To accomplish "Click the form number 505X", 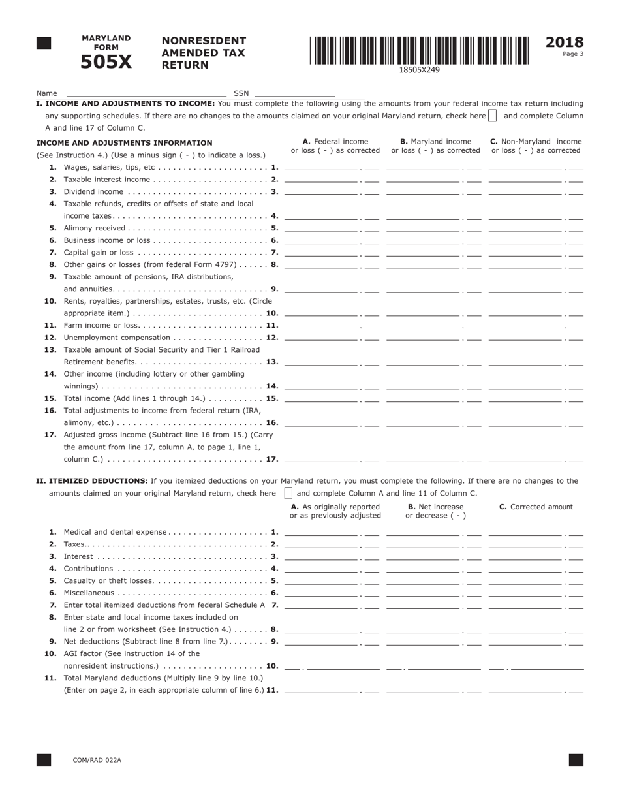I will coord(106,62).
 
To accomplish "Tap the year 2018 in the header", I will coord(565,42).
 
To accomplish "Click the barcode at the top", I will coord(419,50).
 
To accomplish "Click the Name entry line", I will coord(146,93).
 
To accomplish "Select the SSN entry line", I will coord(294,93).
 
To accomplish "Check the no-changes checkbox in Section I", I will coord(493,116).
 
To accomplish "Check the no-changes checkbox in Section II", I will coord(288,494).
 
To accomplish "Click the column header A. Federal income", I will coord(335,142).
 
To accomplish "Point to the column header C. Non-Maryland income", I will coord(535,142).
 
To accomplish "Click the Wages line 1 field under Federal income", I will coord(322,166).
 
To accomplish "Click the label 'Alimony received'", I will coord(94,228).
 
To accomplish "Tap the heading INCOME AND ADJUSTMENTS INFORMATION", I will coord(124,142).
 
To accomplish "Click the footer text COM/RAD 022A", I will coord(97,760).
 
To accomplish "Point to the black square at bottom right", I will coord(576,760).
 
